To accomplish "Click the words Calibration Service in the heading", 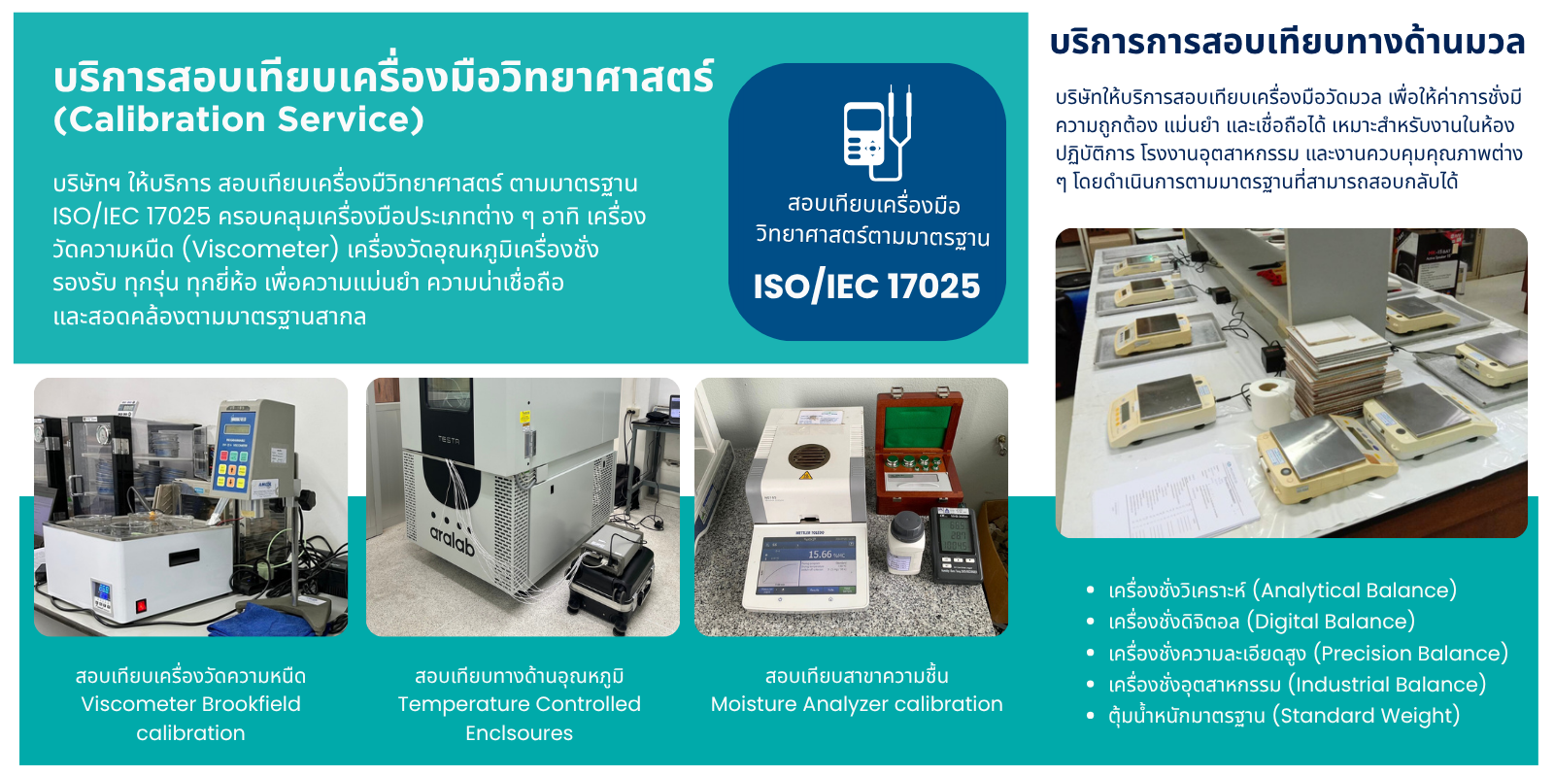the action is [x=239, y=119].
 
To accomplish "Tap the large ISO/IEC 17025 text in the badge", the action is [x=866, y=286].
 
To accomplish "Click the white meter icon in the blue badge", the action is [x=877, y=133].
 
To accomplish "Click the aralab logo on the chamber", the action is [x=453, y=540].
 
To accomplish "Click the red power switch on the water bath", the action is [x=141, y=606].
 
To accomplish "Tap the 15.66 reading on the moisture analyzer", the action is [x=820, y=555].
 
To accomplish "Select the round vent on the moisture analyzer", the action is [x=809, y=456].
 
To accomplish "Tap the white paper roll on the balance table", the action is [x=1271, y=403].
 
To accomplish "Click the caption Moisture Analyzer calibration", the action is [x=857, y=704].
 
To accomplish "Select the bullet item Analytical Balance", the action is [x=1282, y=591].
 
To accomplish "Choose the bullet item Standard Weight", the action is [x=1283, y=715].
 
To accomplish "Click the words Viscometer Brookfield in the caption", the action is [x=190, y=704].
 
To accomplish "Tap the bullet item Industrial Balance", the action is [x=1297, y=685].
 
